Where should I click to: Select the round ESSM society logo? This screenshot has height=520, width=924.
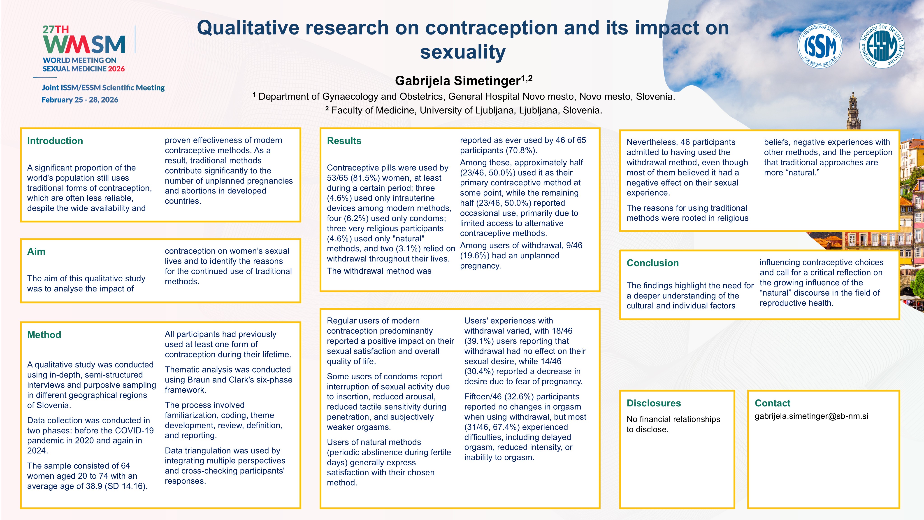[x=882, y=46]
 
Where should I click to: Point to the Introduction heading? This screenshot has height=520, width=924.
[x=55, y=141]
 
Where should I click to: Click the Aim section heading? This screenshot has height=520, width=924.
[x=36, y=252]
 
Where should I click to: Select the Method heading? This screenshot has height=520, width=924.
[x=44, y=335]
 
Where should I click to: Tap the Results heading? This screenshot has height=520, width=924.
[x=344, y=141]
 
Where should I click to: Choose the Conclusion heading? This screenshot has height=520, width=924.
[x=652, y=263]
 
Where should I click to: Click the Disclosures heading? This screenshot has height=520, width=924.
[x=654, y=403]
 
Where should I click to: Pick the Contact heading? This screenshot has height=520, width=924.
[x=772, y=403]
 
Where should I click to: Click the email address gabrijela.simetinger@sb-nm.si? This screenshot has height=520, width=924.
[x=811, y=416]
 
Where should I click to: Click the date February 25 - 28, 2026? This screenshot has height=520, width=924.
[x=80, y=100]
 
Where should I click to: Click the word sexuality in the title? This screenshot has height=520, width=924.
[x=463, y=52]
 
